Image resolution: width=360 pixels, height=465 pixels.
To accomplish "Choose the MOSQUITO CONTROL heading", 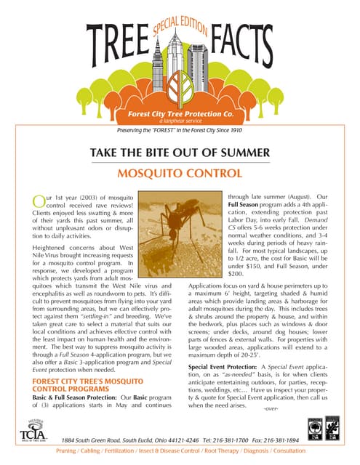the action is point(180,175).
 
